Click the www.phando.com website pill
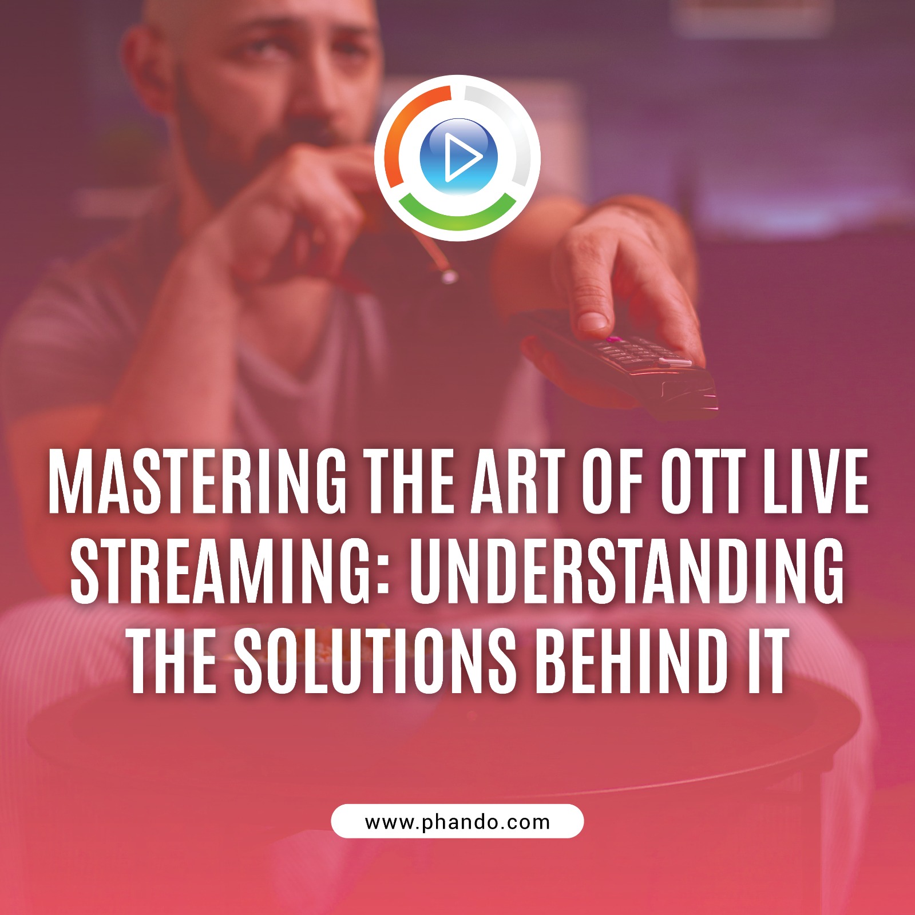pos(457,821)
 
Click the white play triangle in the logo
pos(461,157)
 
